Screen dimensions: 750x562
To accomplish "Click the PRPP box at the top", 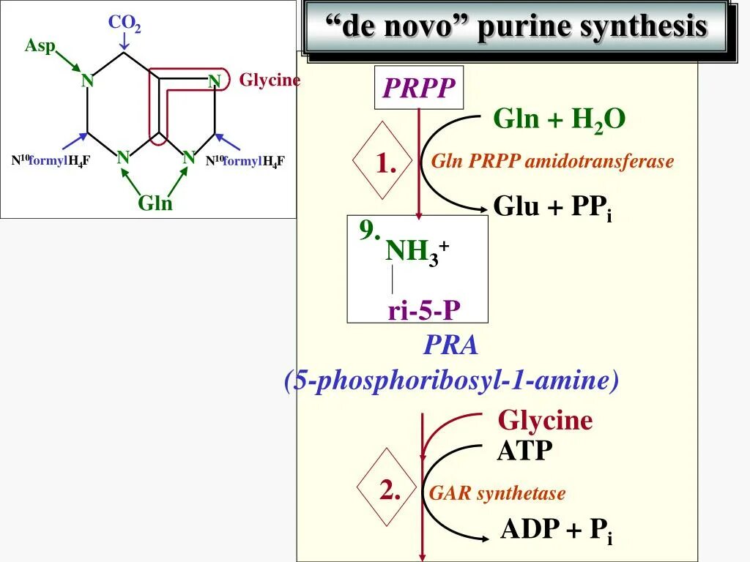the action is click(419, 89).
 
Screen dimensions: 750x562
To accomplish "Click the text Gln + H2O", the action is click(560, 119).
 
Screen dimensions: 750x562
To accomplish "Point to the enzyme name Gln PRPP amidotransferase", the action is click(552, 162).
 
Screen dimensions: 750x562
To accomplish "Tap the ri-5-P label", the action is click(424, 311).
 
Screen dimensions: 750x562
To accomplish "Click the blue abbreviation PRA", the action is click(450, 345).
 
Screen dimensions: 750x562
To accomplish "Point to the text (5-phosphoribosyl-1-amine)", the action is click(452, 381).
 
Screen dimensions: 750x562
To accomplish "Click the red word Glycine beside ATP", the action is click(545, 420).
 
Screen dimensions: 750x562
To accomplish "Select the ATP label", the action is click(524, 450).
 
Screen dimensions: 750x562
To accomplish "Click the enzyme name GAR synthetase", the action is click(497, 494).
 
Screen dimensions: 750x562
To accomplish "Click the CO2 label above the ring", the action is click(125, 23).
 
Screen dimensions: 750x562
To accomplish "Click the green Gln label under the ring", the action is click(155, 203).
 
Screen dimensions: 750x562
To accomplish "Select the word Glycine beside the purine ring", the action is click(270, 80).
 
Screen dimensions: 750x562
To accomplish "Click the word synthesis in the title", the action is click(643, 27).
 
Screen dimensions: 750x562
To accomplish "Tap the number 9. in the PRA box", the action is click(370, 231).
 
